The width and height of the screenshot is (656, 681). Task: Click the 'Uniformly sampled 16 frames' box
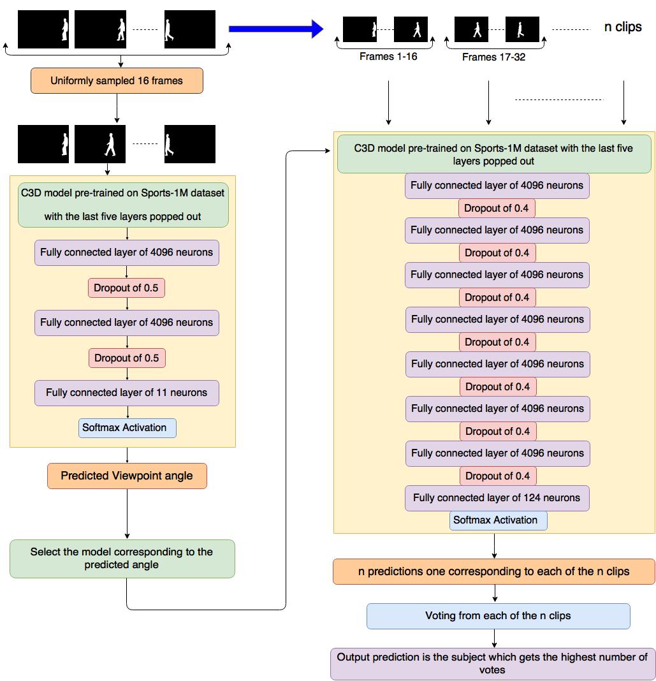(x=117, y=81)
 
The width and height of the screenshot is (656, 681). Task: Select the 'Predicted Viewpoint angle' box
(x=127, y=476)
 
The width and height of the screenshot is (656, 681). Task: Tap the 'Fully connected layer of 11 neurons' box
(x=127, y=393)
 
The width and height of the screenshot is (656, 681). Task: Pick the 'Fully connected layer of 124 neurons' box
(x=497, y=498)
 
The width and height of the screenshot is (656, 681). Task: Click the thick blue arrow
(x=276, y=29)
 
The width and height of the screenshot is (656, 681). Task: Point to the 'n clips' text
(x=623, y=27)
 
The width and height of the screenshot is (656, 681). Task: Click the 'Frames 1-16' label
(x=388, y=57)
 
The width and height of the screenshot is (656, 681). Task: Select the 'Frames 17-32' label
(x=493, y=57)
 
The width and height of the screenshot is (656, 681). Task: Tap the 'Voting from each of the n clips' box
(x=499, y=616)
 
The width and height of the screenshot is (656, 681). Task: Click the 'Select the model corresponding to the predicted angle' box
(x=122, y=559)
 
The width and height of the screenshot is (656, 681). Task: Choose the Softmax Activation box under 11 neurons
(x=128, y=428)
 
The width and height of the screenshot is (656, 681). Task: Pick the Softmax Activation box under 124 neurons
(x=498, y=520)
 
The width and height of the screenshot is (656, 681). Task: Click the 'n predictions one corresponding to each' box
(x=494, y=571)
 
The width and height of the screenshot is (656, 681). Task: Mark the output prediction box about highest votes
(x=493, y=664)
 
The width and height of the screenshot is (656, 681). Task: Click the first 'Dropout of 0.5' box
(x=126, y=288)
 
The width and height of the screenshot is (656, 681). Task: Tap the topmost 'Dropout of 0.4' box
(x=497, y=209)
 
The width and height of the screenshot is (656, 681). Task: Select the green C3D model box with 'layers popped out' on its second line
(x=494, y=154)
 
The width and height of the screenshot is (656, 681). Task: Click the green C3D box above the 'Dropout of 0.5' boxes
(x=123, y=205)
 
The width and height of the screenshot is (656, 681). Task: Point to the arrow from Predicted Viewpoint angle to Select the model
(x=128, y=514)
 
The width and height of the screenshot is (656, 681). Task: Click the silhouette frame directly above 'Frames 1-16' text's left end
(x=360, y=29)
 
